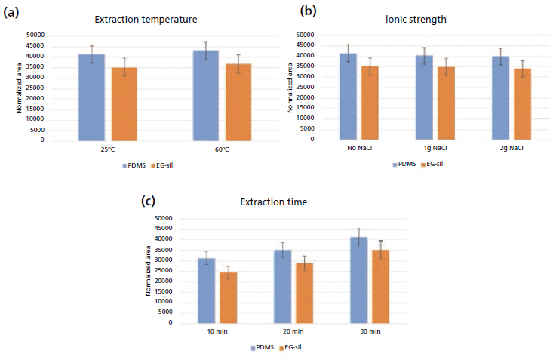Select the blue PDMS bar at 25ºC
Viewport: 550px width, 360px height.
tap(92, 97)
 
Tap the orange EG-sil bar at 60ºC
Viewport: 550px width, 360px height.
tap(238, 102)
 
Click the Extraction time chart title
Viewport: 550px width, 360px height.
tap(274, 202)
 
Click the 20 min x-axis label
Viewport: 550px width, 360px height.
tap(293, 332)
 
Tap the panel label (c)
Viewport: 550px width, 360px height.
tap(150, 201)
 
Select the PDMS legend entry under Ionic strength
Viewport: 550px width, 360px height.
tap(404, 163)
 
